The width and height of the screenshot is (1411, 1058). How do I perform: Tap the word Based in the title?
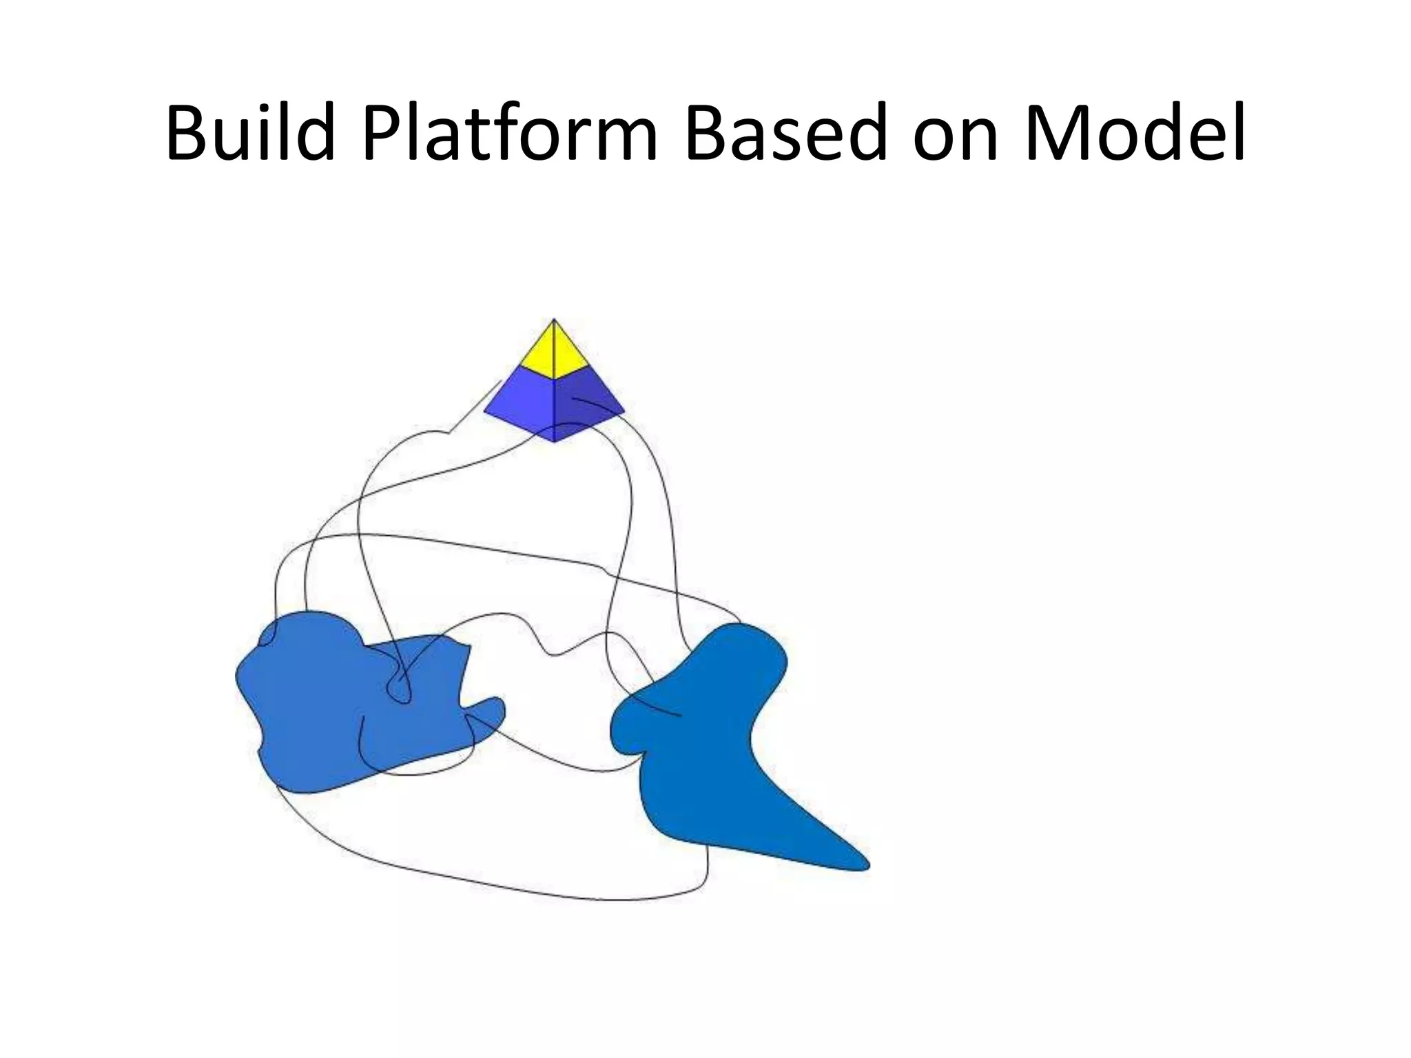pyautogui.click(x=786, y=132)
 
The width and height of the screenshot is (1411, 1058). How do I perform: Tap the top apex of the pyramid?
pyautogui.click(x=554, y=320)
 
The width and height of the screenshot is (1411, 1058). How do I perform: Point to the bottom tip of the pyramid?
pyautogui.click(x=555, y=442)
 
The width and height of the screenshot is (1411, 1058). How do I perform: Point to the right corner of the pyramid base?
pyautogui.click(x=624, y=412)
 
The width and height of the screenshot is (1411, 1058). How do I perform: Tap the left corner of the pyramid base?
pyautogui.click(x=485, y=411)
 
